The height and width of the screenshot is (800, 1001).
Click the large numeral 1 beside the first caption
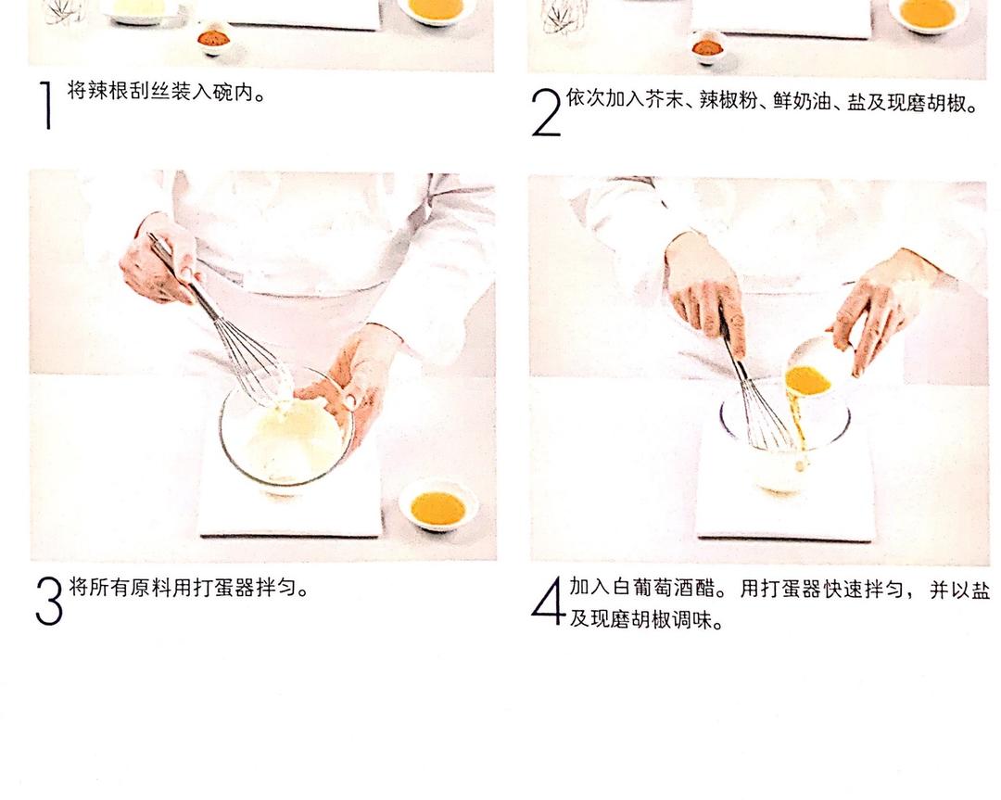[x=47, y=105]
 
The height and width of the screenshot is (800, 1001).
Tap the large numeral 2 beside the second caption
[x=547, y=112]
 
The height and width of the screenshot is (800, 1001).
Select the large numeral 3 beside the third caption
[x=49, y=602]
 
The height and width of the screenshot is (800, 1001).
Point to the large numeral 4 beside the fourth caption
[x=548, y=600]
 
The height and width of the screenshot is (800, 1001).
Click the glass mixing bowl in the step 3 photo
[x=285, y=428]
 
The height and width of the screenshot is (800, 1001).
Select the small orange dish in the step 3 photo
[x=437, y=506]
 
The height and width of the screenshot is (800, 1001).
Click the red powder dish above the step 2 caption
[x=706, y=47]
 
